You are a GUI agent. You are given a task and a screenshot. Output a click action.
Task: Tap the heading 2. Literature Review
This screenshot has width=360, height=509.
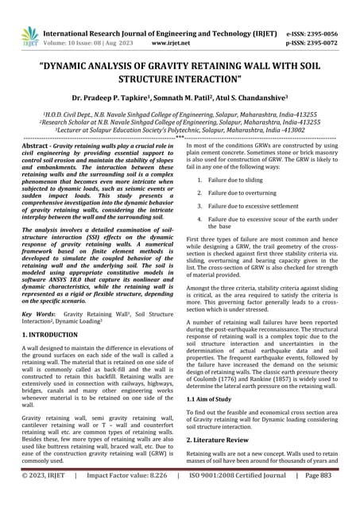223,460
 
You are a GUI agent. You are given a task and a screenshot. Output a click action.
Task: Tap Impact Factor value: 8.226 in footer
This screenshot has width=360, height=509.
122,499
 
